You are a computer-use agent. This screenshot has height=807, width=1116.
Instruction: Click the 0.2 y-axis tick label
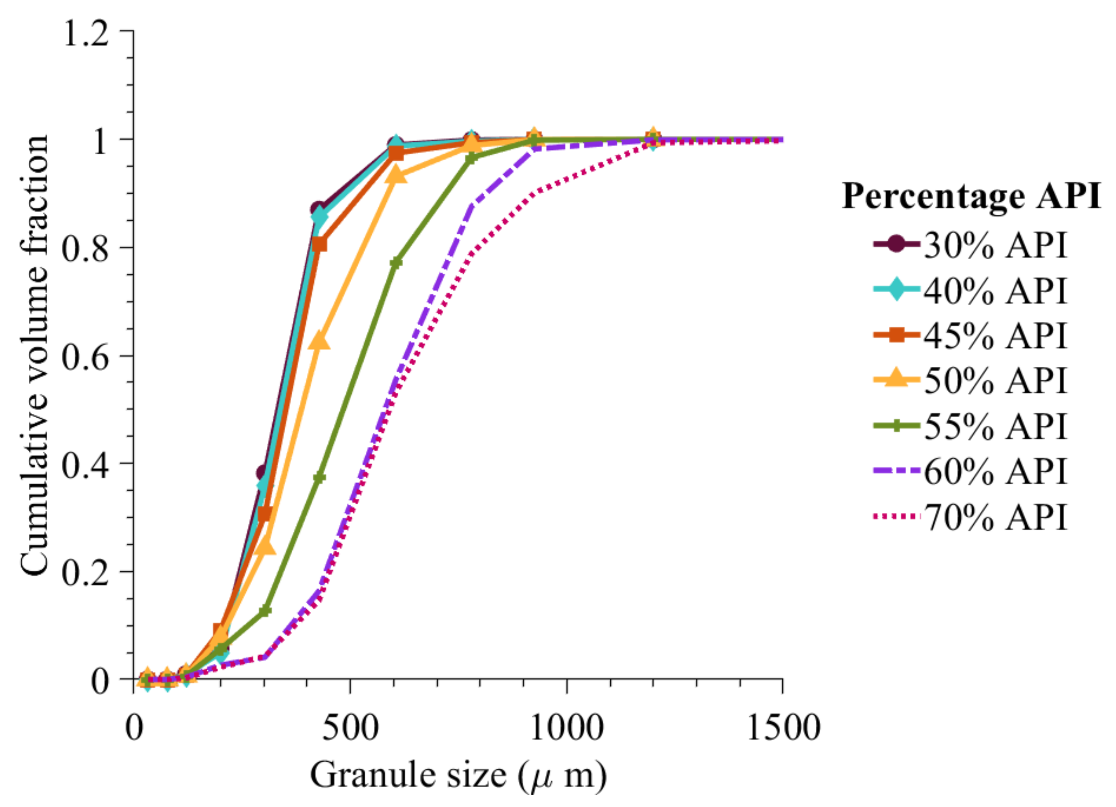85,573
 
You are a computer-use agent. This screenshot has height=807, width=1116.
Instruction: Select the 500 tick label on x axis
350,728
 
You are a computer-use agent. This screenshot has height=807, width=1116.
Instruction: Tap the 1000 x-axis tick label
566,728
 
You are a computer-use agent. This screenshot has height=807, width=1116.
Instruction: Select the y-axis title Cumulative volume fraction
34,354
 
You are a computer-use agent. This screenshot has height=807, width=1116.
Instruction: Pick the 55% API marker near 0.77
396,262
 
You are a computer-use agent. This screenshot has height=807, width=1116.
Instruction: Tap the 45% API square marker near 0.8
320,244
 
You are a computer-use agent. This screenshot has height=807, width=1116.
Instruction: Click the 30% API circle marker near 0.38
263,473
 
